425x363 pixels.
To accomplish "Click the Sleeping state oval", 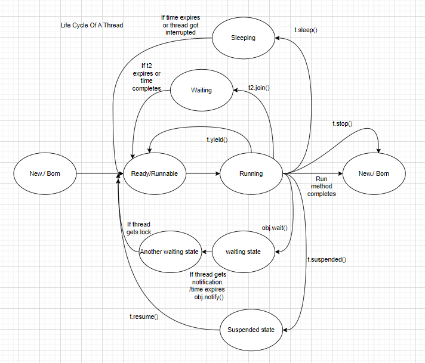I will pyautogui.click(x=243, y=38).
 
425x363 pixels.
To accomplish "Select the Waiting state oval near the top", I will pyautogui.click(x=201, y=91).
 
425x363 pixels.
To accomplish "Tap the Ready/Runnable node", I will pyautogui.click(x=155, y=174).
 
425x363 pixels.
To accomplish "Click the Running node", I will pyautogui.click(x=251, y=174).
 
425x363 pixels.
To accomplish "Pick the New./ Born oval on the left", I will pyautogui.click(x=45, y=174).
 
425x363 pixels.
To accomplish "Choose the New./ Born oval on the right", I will pyautogui.click(x=374, y=174).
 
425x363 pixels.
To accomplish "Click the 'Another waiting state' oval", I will pyautogui.click(x=169, y=252).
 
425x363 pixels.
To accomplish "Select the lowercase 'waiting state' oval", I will pyautogui.click(x=243, y=252).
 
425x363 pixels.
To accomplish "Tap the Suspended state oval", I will pyautogui.click(x=251, y=330).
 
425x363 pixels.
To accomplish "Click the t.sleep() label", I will pyautogui.click(x=306, y=29).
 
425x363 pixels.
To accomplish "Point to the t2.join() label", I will pyautogui.click(x=259, y=88).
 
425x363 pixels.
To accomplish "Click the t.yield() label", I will pyautogui.click(x=217, y=139).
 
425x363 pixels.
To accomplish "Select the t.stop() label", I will pyautogui.click(x=343, y=123).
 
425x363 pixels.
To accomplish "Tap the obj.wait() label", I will pyautogui.click(x=275, y=228).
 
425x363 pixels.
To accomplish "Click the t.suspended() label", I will pyautogui.click(x=327, y=259).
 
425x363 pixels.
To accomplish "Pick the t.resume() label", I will pyautogui.click(x=144, y=317).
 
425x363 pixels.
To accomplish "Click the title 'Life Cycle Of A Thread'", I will pyautogui.click(x=92, y=26).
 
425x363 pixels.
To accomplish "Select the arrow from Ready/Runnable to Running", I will pyautogui.click(x=203, y=174).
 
